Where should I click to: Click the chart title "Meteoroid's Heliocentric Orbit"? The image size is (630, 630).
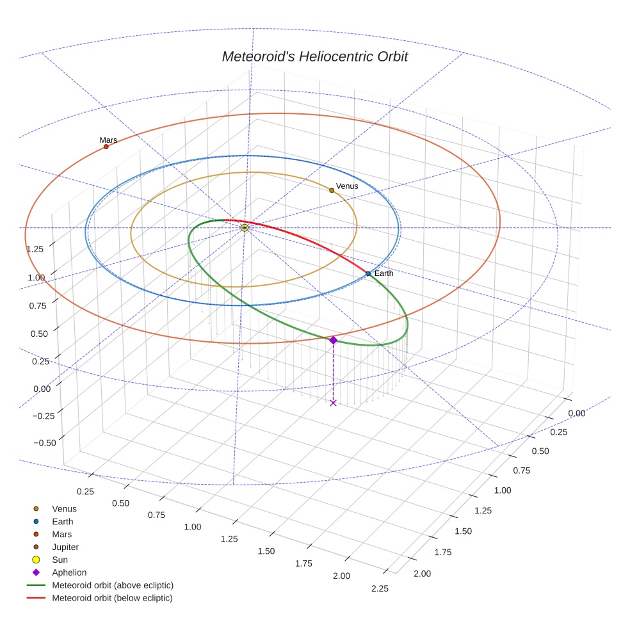314,56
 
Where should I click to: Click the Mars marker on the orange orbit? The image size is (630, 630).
106,147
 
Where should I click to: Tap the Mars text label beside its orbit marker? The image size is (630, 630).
108,140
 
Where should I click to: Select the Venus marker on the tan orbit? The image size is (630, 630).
332,190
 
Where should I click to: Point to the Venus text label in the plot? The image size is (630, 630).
347,186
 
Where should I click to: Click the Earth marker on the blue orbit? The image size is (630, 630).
368,273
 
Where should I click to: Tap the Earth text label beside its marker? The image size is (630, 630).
384,273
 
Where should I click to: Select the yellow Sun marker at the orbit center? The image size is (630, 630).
245,227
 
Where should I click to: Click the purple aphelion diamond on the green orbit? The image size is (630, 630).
333,340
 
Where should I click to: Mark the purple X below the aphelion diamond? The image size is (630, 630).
333,402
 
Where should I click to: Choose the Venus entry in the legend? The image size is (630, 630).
64,509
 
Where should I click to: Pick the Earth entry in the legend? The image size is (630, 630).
63,522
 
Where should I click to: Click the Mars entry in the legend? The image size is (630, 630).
61,535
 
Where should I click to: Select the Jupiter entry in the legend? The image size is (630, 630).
65,547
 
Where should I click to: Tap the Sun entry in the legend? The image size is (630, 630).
60,560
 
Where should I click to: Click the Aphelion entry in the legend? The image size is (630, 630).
69,572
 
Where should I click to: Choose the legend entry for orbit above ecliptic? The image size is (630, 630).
112,585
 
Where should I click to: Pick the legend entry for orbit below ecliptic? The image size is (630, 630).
112,598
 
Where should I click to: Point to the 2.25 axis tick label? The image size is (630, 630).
379,588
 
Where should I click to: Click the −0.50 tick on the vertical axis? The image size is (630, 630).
44,442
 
